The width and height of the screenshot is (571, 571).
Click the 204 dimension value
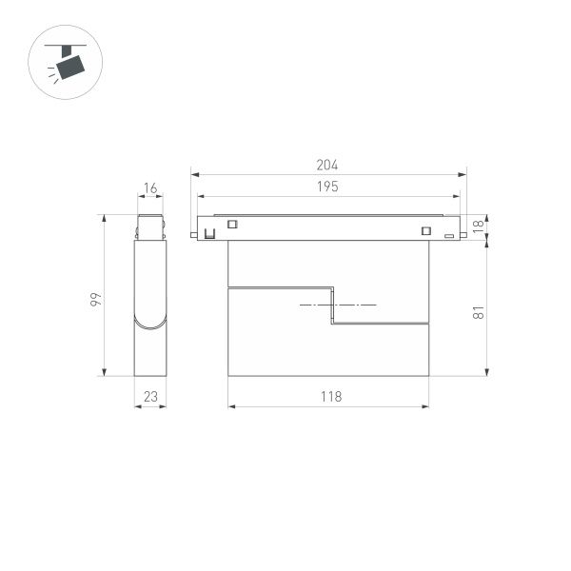coord(327,165)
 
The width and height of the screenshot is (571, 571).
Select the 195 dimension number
coord(327,187)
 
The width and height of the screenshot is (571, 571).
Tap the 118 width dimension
coord(329,396)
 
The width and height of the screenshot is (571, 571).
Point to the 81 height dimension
coord(478,310)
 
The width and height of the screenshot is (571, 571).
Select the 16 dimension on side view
coord(150,188)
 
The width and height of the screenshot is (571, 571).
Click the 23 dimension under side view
coord(150,396)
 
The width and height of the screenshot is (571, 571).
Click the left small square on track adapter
coord(230,226)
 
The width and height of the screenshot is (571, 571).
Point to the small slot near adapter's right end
coord(448,233)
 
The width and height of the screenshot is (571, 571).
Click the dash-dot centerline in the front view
coord(338,305)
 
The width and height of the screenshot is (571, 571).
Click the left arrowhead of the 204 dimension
coord(194,175)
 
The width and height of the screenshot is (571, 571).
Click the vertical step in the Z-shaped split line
coord(331,305)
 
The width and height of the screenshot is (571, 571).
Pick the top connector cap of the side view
coord(150,228)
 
